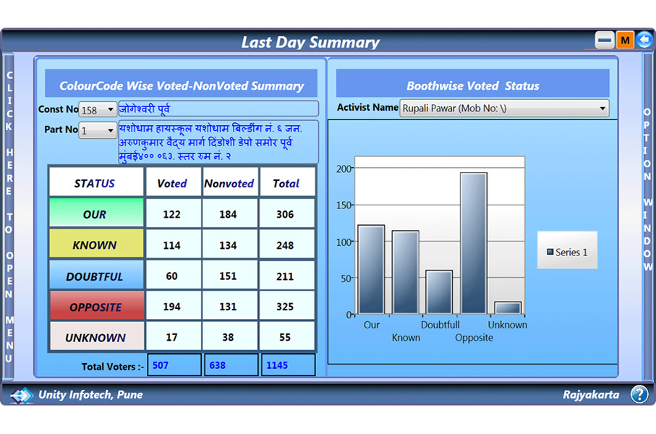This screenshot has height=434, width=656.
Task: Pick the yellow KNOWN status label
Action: click(96, 244)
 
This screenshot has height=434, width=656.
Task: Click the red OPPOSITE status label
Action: click(96, 306)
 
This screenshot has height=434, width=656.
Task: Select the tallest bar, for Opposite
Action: click(474, 243)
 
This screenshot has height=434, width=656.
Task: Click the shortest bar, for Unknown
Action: click(508, 308)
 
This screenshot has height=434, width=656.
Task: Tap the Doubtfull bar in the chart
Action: click(439, 292)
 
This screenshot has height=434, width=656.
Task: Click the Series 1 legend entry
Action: click(567, 252)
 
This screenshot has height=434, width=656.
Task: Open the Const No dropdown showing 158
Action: click(98, 110)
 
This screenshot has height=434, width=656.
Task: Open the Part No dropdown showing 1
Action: click(98, 131)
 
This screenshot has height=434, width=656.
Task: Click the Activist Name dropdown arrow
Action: click(602, 108)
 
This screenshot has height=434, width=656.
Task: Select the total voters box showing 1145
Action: click(288, 365)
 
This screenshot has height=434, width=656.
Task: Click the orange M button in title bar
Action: click(625, 41)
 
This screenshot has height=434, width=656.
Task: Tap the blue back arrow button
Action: click(644, 40)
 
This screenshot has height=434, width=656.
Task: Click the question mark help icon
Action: click(639, 394)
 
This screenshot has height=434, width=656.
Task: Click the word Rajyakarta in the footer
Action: click(591, 395)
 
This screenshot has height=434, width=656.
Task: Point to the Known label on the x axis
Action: click(406, 337)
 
